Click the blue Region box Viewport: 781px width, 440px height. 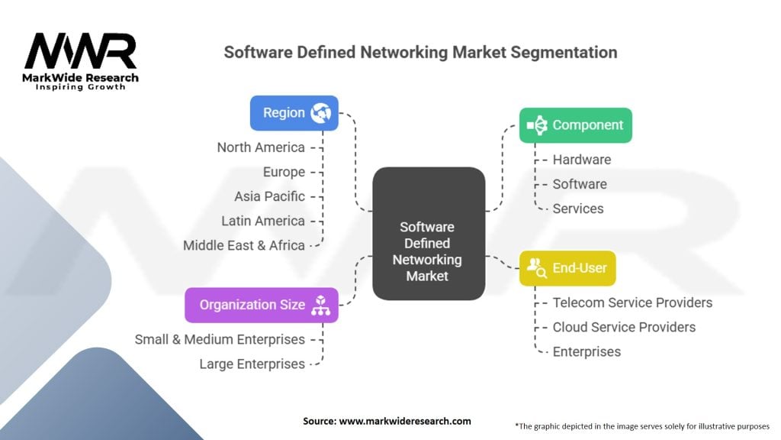coord(294,113)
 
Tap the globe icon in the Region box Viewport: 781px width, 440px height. coord(321,113)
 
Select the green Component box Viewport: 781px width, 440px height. coord(576,125)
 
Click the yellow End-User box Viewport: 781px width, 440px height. coord(567,268)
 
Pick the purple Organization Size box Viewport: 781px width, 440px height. coord(262,305)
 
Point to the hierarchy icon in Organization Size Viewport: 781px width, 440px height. coord(321,306)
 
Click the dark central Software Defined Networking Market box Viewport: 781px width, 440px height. coord(429,234)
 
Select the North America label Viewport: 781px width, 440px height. coord(261,147)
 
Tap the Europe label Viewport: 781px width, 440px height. coord(284,172)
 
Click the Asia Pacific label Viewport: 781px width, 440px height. coord(269,196)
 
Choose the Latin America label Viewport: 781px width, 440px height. coord(263,221)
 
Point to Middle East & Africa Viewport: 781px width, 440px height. coord(244,245)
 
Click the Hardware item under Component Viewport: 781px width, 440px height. coord(582,160)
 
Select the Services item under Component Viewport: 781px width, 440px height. coord(578,209)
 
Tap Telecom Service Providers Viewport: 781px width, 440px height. coord(632,302)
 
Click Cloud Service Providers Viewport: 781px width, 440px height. coord(624,327)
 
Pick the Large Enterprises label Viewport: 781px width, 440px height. coord(252,364)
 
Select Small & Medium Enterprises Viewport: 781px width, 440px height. coord(220,340)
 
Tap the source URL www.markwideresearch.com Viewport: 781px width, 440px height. coord(405,421)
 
